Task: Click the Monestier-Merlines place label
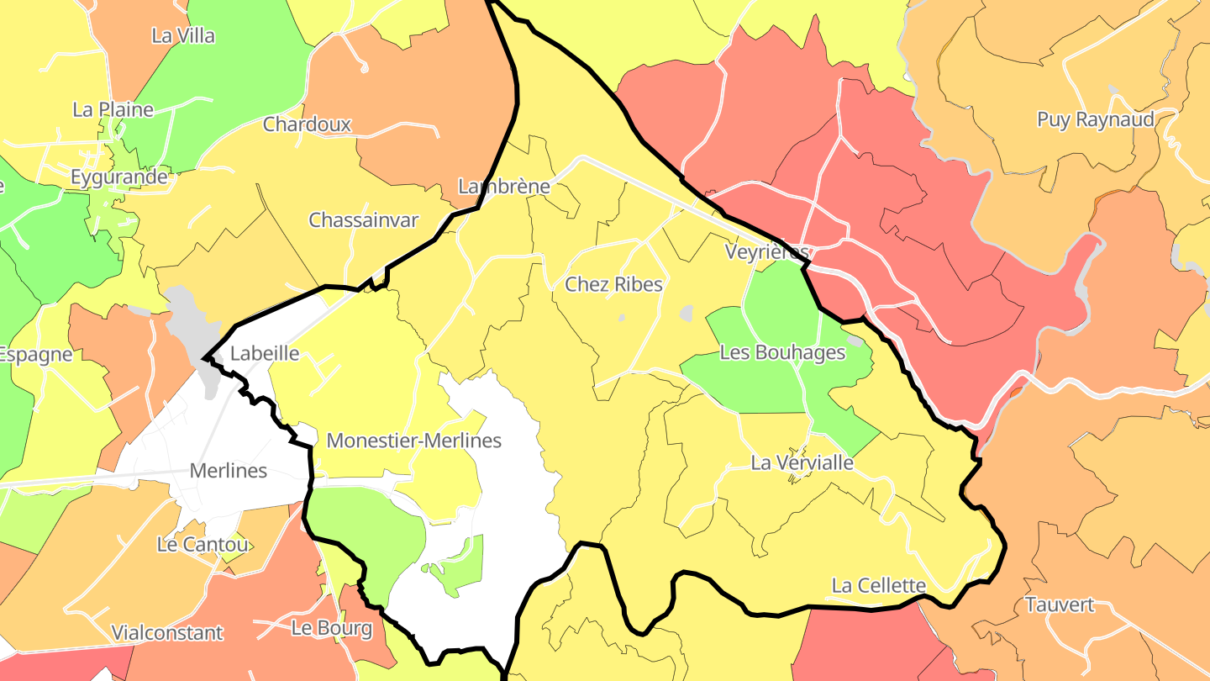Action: click(413, 441)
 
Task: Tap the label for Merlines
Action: click(229, 471)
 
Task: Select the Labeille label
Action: click(265, 353)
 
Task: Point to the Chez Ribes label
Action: click(613, 284)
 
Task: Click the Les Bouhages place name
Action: click(782, 352)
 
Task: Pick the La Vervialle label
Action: click(802, 462)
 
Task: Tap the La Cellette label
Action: click(878, 585)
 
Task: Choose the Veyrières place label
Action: click(767, 252)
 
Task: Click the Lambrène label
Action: click(503, 186)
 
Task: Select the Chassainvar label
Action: click(363, 220)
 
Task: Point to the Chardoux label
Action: click(307, 124)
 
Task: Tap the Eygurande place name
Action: click(118, 177)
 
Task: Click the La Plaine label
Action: click(113, 109)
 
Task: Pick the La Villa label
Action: click(183, 36)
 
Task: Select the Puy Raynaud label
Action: click(1096, 119)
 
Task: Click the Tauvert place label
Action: click(1060, 604)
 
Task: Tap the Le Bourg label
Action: click(331, 628)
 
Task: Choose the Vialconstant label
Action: click(168, 632)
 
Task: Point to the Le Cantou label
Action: click(203, 545)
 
